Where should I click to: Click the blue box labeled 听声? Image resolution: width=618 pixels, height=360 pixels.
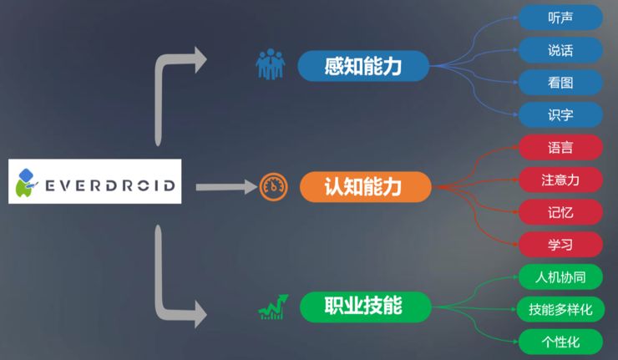[x=560, y=17]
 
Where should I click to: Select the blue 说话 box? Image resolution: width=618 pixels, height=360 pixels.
[x=560, y=49]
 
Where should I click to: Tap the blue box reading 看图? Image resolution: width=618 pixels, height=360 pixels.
[x=560, y=82]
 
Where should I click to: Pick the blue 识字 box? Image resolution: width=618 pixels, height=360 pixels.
[x=560, y=114]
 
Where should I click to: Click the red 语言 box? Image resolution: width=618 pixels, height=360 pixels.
[x=560, y=147]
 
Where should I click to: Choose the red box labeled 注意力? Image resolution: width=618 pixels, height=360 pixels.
[x=560, y=180]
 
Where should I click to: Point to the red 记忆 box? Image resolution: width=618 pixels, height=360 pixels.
[x=560, y=212]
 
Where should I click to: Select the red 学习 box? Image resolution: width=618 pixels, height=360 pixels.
[x=560, y=244]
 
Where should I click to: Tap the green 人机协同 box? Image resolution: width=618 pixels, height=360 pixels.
[x=560, y=276]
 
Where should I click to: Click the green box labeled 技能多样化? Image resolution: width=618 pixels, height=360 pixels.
[x=560, y=309]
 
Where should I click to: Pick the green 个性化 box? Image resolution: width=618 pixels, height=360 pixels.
[x=560, y=341]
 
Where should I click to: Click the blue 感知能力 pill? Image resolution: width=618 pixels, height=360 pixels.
[x=364, y=66]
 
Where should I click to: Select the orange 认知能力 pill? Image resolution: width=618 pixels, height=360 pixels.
[x=364, y=187]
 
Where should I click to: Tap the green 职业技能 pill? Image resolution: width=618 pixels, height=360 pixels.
[x=364, y=307]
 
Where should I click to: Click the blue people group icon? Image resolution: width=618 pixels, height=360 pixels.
[x=270, y=65]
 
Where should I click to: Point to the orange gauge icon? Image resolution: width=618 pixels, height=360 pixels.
[x=273, y=187]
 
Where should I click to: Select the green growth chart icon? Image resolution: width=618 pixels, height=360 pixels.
[x=273, y=307]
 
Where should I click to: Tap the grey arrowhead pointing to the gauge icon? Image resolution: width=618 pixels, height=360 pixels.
[x=249, y=187]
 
